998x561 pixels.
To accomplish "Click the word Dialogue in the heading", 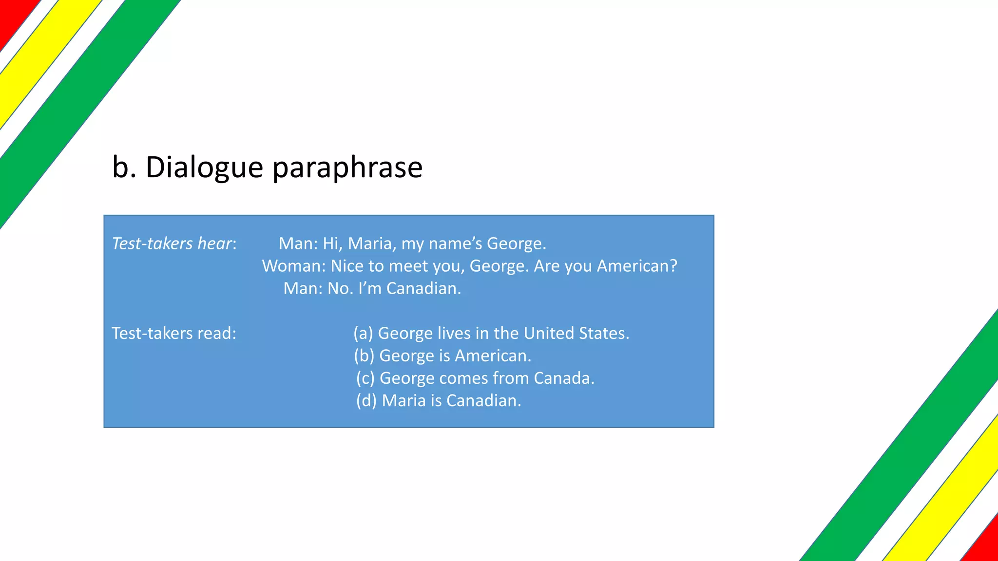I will coord(205,167).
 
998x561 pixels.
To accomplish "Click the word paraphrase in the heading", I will coord(347,167).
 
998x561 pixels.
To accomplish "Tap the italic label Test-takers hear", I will coord(173,243).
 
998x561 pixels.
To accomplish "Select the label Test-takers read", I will coord(174,333).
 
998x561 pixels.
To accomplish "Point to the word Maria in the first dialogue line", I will coord(369,243).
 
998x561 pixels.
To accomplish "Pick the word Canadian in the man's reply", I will coord(423,288).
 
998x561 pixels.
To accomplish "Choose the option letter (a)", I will coord(364,333).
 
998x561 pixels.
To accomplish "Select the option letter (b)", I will coord(364,355).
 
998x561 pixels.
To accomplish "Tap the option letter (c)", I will coord(365,378).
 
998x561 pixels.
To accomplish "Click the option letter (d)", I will coord(366,400).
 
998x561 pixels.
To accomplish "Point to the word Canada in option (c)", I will coord(563,378).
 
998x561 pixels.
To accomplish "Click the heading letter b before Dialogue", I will coord(121,167).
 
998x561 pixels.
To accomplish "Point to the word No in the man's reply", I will coord(338,288).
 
